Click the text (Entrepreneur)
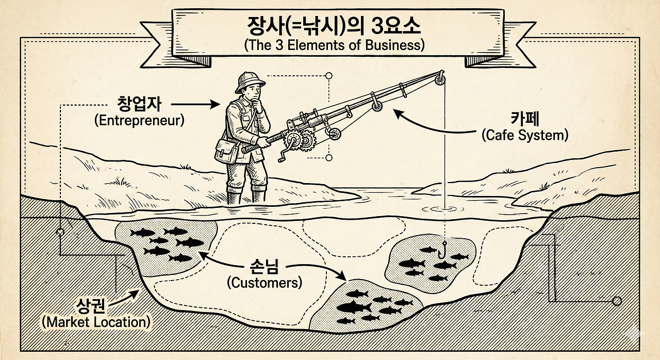pos(139,121)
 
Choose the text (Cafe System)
pos(524,135)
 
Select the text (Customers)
pos(264,283)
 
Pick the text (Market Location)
pos(96,322)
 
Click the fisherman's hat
pos(250,83)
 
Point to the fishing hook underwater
pos(442,251)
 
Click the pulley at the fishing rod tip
pos(439,79)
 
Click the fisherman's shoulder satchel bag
pos(225,150)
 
